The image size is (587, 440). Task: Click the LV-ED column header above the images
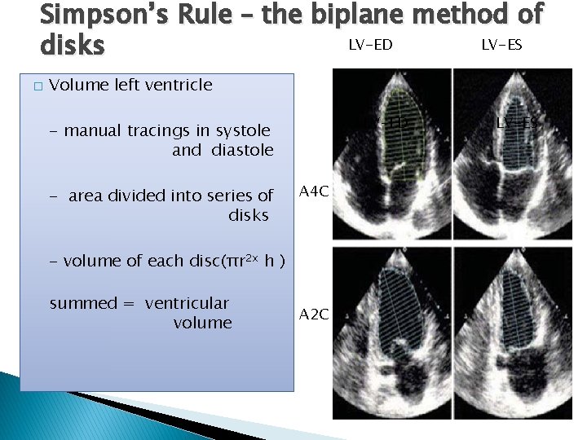click(370, 45)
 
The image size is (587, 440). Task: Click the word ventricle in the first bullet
click(178, 85)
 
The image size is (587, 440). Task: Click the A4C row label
click(314, 191)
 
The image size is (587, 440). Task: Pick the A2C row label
click(314, 314)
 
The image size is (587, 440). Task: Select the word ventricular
click(187, 303)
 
